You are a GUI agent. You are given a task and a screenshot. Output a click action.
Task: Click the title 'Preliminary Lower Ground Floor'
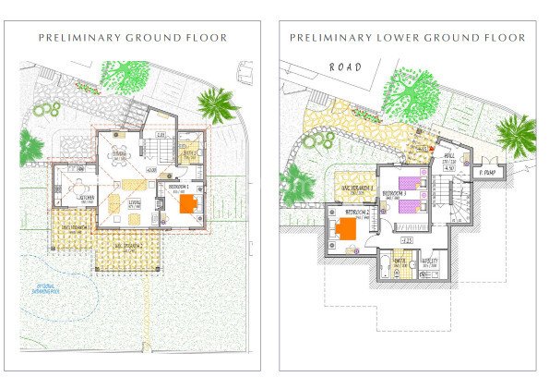[x=408, y=38]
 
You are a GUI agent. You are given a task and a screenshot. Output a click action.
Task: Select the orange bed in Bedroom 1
[x=187, y=203]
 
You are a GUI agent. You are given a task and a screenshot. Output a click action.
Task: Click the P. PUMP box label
[x=487, y=173]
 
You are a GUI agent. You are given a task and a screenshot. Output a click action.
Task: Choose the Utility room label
[x=428, y=261]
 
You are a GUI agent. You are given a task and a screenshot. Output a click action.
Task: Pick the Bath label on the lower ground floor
[x=400, y=261]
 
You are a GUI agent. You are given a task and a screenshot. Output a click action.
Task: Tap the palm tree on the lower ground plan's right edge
[x=516, y=134]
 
